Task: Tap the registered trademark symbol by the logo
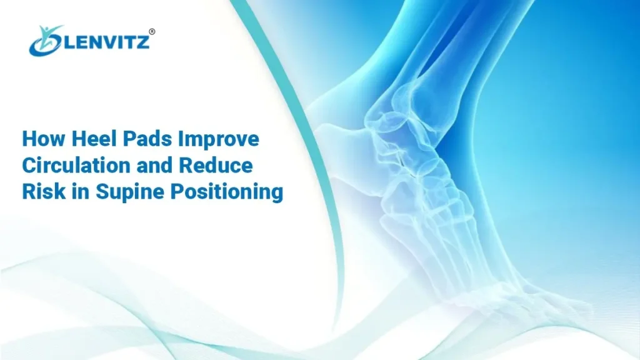152,31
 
